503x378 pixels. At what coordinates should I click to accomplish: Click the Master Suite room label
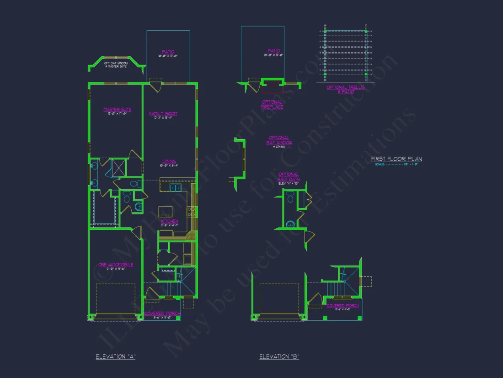tap(117, 110)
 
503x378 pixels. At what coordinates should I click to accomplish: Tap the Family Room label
tap(163, 114)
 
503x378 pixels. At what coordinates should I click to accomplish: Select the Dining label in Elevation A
tap(169, 161)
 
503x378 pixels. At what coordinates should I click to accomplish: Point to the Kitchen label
tap(169, 221)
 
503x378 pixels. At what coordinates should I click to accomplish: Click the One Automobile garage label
tap(116, 265)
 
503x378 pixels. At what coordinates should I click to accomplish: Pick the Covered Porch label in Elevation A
tap(162, 314)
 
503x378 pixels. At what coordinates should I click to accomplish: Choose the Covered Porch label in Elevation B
tap(342, 306)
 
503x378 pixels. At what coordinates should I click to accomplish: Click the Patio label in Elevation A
tap(168, 52)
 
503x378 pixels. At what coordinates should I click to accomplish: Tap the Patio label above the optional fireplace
tap(274, 51)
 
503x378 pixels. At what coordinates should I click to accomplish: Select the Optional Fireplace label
tap(272, 104)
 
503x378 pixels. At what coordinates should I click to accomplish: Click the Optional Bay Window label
tap(279, 140)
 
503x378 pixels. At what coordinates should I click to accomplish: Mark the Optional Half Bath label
tap(289, 177)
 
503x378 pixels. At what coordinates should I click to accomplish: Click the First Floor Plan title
tap(396, 159)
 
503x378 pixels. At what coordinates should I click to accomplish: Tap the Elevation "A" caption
tap(115, 356)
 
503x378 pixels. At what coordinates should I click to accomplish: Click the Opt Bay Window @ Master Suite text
tap(115, 64)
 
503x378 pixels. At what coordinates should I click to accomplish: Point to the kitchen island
tap(166, 211)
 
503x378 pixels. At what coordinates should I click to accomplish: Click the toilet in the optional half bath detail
tap(290, 225)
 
